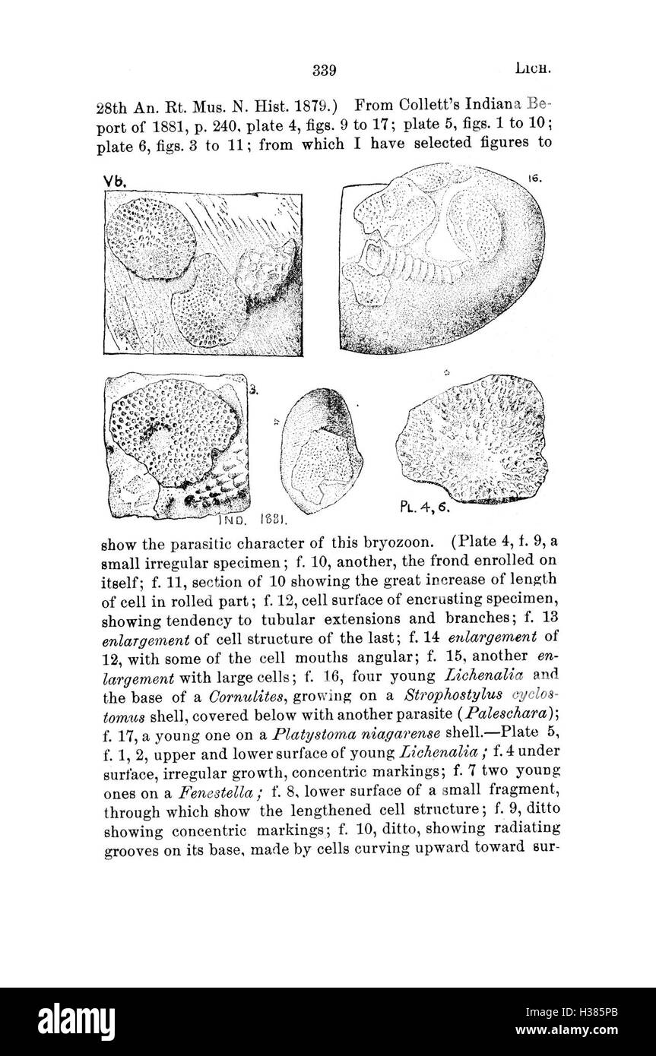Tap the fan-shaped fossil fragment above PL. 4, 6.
pyautogui.click(x=473, y=439)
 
